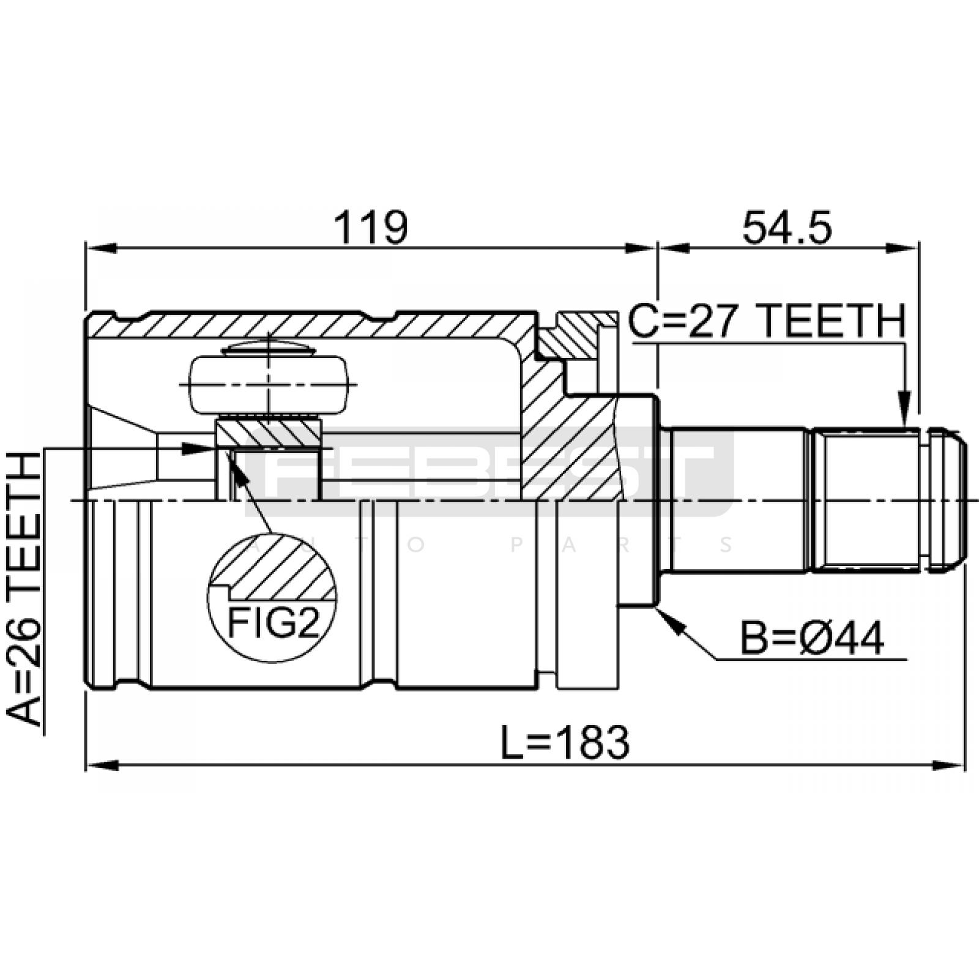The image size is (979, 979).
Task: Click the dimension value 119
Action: point(370,227)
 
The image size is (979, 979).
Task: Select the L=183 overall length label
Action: point(565,742)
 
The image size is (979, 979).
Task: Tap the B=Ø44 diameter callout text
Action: point(812,638)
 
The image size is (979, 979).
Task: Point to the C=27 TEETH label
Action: point(767,322)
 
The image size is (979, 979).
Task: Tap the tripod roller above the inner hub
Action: point(269,384)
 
